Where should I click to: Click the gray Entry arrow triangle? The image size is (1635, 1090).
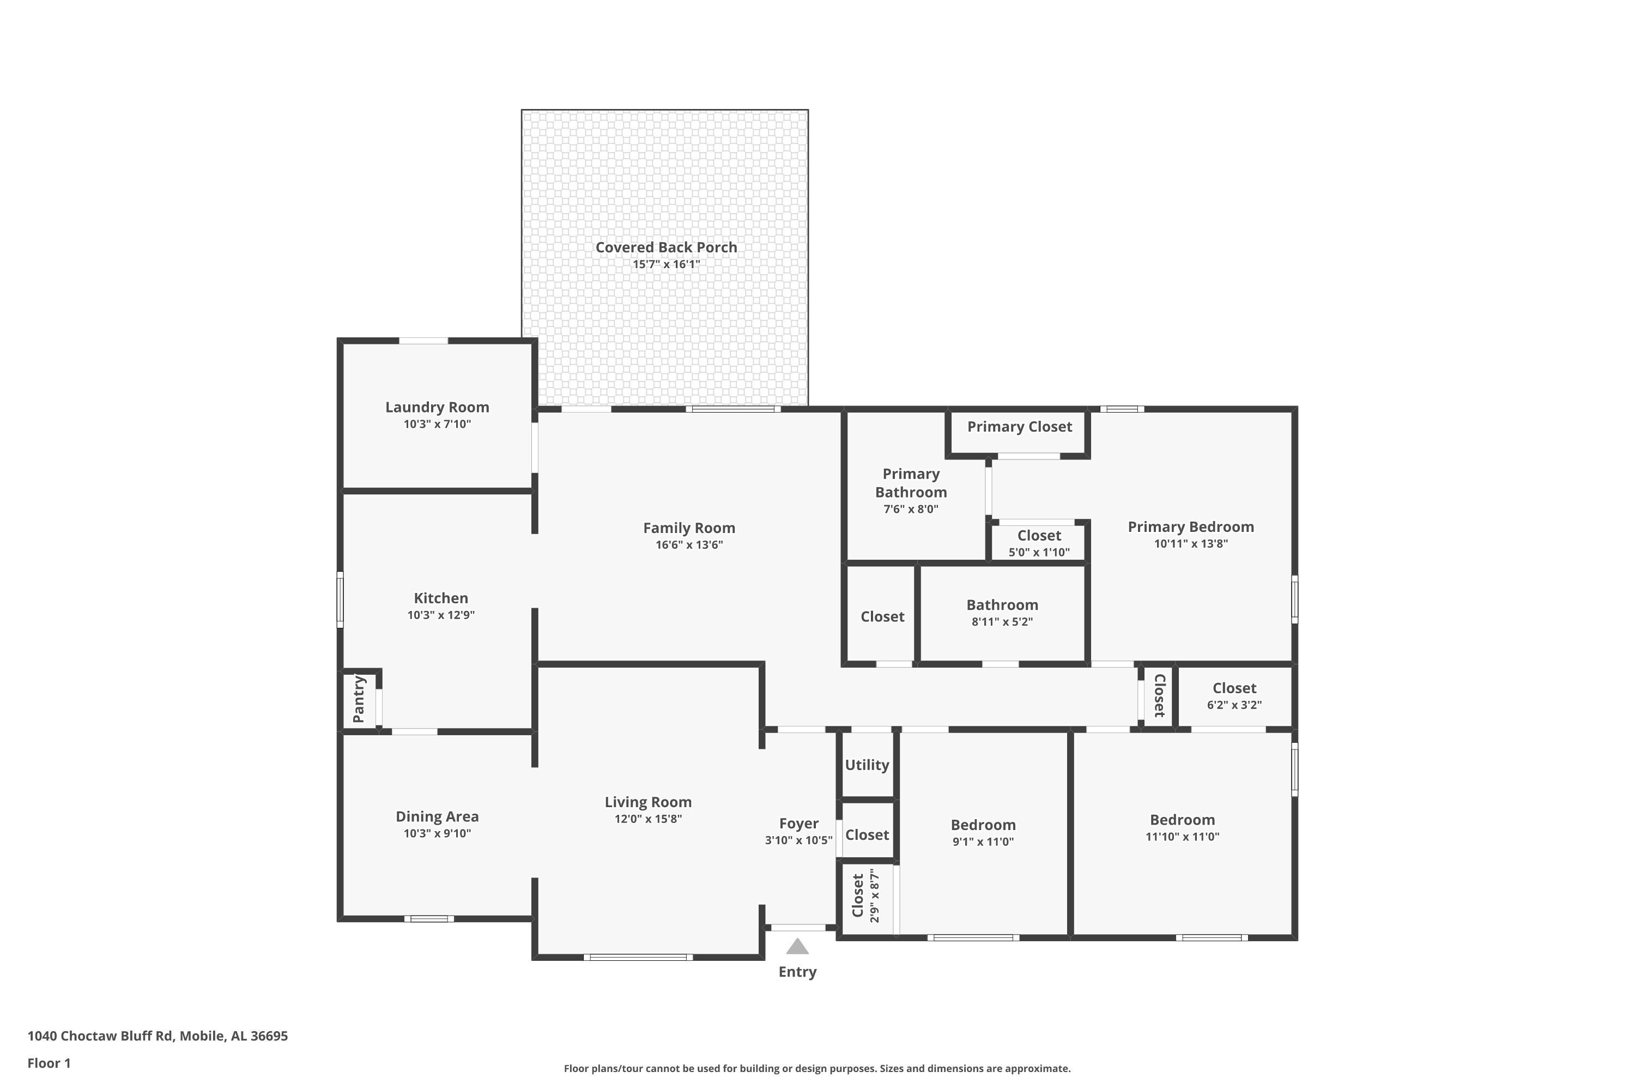797,946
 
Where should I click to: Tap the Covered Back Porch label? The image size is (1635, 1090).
666,247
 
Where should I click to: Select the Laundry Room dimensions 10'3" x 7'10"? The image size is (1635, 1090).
437,424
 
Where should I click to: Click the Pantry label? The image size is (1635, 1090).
359,699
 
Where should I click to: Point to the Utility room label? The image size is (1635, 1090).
867,765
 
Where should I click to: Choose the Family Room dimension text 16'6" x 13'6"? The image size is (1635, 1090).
689,544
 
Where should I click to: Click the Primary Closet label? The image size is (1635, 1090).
1019,427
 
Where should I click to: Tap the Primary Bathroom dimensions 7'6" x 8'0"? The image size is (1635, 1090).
911,509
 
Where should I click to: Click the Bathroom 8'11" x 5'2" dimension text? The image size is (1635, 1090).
1002,621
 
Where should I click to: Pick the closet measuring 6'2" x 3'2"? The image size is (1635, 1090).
1234,696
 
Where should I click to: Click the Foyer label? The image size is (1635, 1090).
799,823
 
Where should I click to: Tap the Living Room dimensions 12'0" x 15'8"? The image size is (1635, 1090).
648,819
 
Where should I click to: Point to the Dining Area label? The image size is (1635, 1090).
437,817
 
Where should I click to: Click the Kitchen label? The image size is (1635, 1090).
441,598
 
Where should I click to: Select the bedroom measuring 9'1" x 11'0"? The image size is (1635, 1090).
983,833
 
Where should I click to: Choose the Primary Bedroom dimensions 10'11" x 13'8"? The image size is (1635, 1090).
1191,543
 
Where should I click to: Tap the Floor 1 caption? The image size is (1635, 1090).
50,1063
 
